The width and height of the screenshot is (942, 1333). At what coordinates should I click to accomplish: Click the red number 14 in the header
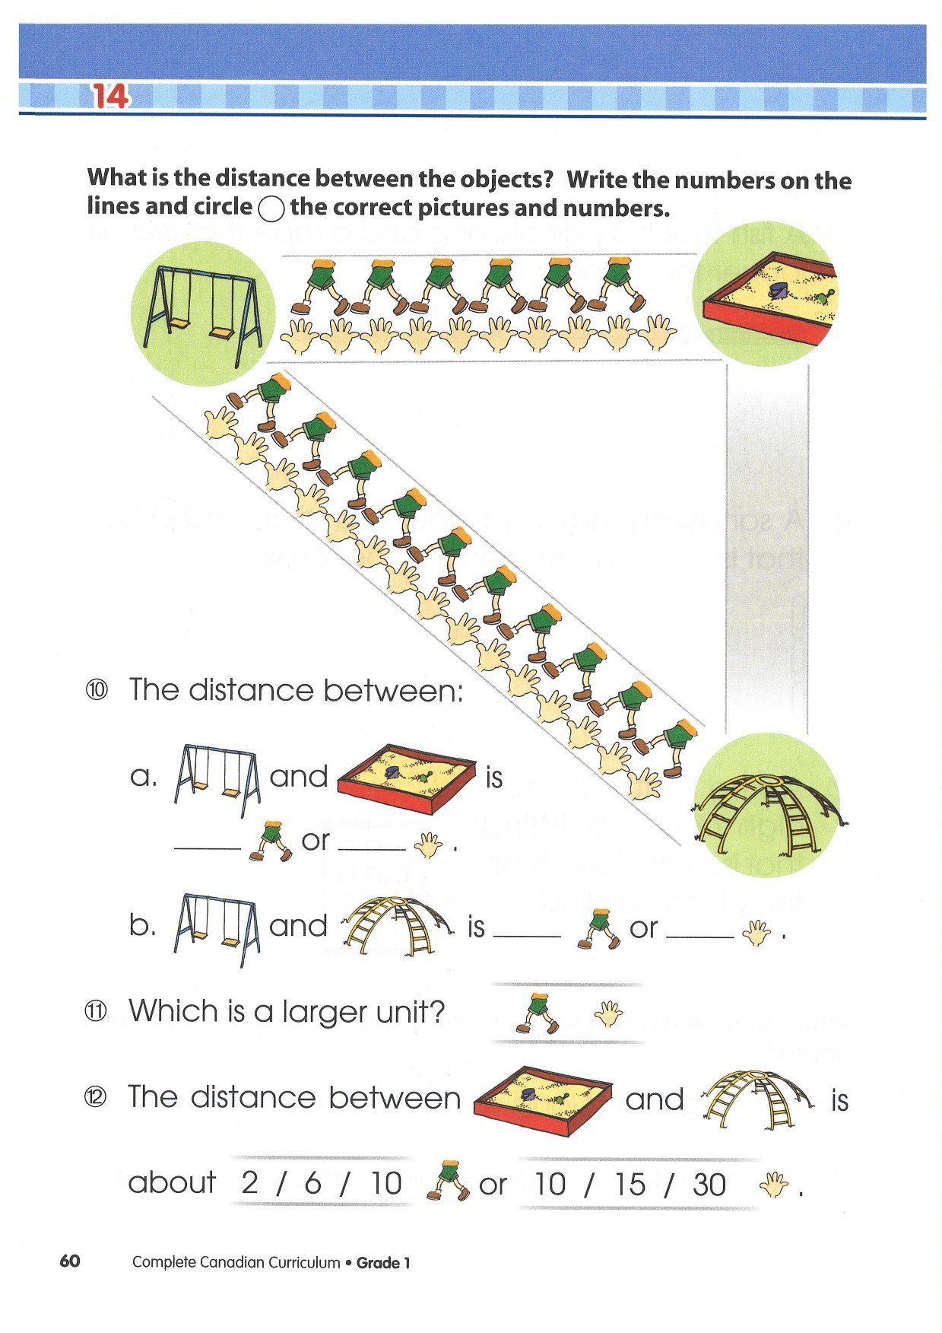[x=110, y=97]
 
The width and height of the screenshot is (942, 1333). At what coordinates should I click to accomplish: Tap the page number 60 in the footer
[x=69, y=1261]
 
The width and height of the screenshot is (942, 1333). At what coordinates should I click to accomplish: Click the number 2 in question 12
[x=249, y=1183]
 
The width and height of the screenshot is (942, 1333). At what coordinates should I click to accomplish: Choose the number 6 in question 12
[x=313, y=1183]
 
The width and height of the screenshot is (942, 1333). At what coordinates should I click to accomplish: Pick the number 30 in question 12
[x=709, y=1185]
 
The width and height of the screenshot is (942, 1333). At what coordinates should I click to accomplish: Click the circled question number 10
[x=97, y=690]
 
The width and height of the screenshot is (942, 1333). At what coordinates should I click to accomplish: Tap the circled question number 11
[x=97, y=1012]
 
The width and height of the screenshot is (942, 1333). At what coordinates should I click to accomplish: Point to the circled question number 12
[x=97, y=1097]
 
